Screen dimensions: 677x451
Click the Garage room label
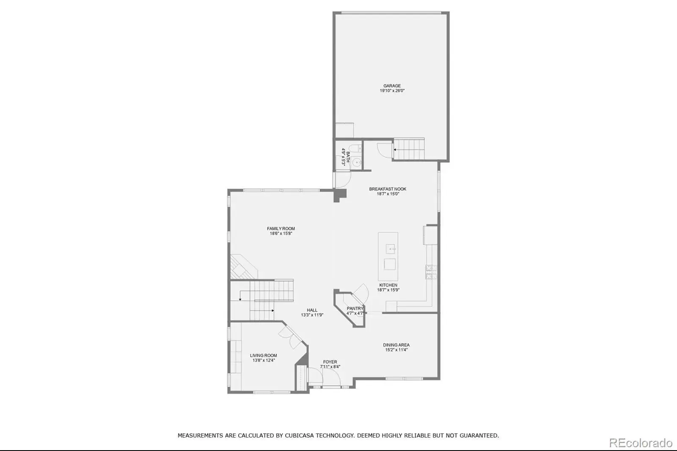(392, 86)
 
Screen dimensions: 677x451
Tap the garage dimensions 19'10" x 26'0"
(392, 91)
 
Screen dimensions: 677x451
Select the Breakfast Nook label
(388, 189)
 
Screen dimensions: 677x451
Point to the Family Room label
(281, 229)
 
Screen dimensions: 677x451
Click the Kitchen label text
(388, 285)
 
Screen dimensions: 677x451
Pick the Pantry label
(355, 308)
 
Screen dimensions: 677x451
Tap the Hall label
(312, 310)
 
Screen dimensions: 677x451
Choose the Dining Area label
(396, 345)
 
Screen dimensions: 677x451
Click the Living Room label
(264, 355)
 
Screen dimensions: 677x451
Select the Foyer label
(330, 362)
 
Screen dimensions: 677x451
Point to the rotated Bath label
(348, 157)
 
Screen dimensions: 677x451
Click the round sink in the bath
(357, 162)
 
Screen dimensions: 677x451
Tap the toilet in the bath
(355, 148)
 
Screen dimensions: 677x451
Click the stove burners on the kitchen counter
(431, 272)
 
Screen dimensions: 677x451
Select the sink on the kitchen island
(391, 249)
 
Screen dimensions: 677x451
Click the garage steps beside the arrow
(409, 149)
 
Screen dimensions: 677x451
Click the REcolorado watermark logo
(641, 443)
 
